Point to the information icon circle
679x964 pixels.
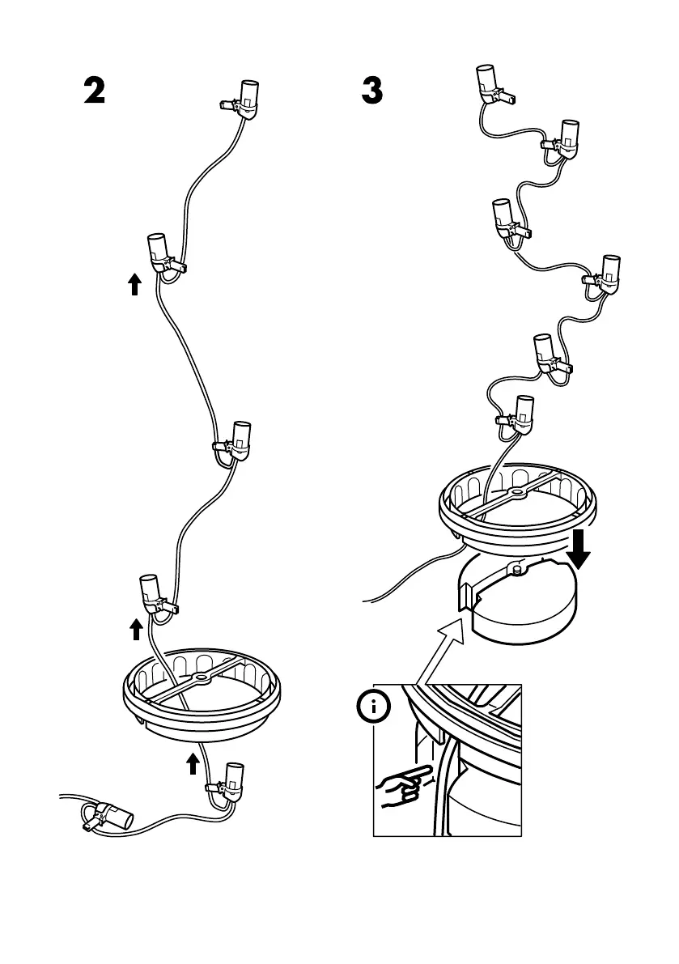(373, 707)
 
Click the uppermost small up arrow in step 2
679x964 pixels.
(135, 283)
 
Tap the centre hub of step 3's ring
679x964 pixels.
(515, 491)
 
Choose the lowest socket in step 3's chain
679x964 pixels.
(522, 411)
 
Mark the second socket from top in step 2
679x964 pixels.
(159, 253)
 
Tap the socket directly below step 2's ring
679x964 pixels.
(231, 780)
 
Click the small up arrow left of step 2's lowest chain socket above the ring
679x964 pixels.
(136, 629)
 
